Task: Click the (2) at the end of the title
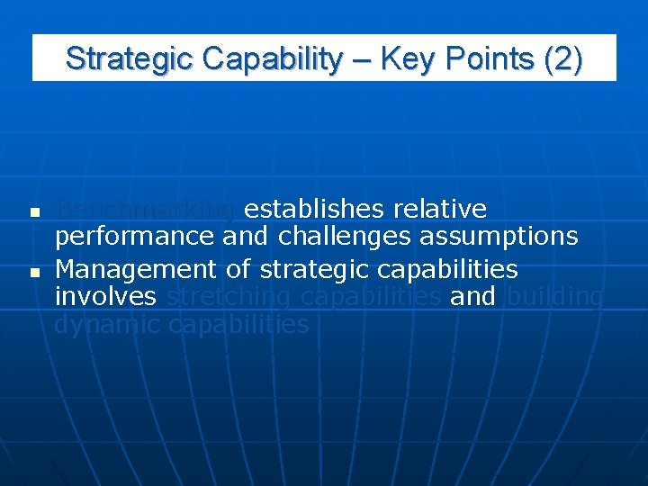pyautogui.click(x=563, y=58)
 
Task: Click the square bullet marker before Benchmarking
pyautogui.click(x=33, y=213)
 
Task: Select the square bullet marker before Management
pyautogui.click(x=33, y=271)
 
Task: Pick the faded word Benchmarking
pyautogui.click(x=145, y=210)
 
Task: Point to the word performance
pyautogui.click(x=134, y=237)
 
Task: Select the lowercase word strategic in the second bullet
pyautogui.click(x=313, y=269)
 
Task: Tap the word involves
pyautogui.click(x=105, y=296)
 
